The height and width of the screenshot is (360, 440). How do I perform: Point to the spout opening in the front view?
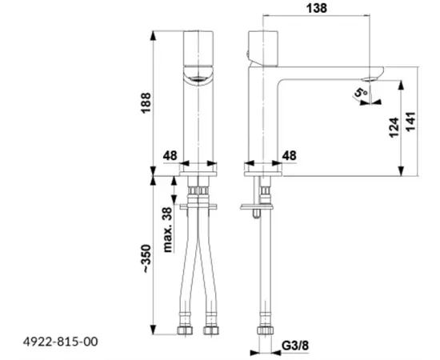[x=198, y=76]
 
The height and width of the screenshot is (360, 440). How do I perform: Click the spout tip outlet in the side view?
[x=373, y=78]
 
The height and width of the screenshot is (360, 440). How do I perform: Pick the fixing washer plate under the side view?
[x=250, y=210]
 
